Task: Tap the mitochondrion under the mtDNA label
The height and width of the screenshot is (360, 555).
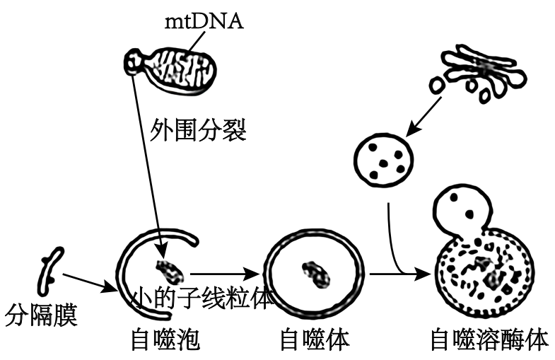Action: click(181, 66)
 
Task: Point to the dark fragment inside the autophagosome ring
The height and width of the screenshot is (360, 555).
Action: click(312, 272)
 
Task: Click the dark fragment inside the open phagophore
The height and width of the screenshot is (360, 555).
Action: click(168, 269)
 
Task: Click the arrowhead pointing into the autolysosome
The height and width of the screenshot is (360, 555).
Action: click(424, 273)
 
